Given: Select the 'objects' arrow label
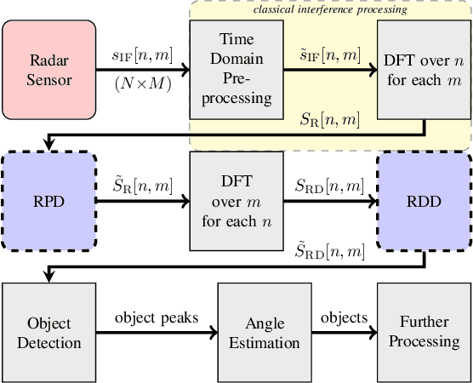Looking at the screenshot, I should pos(344,318).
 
